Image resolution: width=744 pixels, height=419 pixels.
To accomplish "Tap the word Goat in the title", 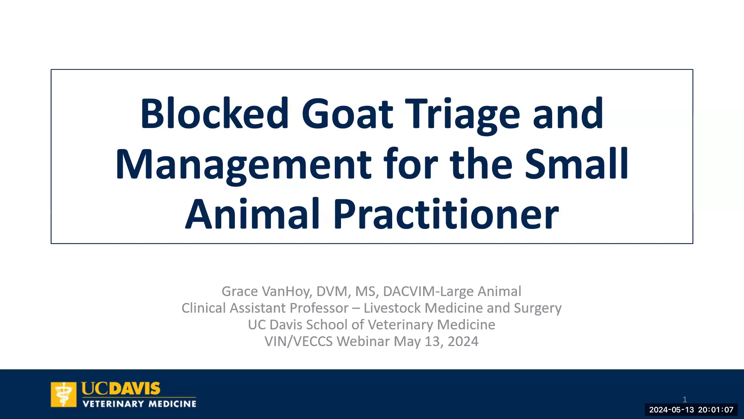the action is (x=348, y=113).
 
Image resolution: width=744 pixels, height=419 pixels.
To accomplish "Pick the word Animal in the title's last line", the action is (x=252, y=213).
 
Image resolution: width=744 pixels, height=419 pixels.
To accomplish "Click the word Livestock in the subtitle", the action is (x=392, y=308).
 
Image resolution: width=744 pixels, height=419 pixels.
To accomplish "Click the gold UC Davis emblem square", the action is (x=64, y=395).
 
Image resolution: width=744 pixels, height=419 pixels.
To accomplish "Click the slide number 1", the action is (x=685, y=399).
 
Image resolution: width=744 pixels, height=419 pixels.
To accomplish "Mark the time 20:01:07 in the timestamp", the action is (x=716, y=410).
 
